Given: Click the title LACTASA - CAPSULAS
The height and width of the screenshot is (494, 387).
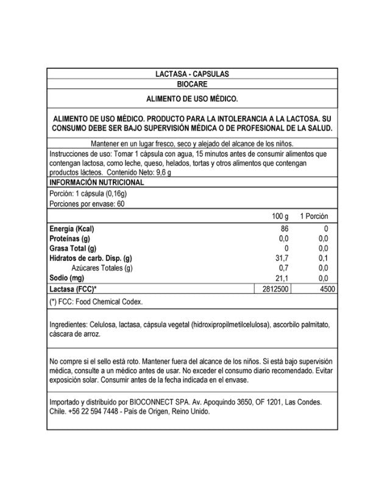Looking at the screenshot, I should (x=193, y=74).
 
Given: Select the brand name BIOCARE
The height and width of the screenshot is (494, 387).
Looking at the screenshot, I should (x=193, y=84).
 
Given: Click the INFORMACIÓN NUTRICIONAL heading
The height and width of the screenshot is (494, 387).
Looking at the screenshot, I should (x=96, y=182).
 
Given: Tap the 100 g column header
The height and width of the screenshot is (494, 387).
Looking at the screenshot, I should (x=280, y=217).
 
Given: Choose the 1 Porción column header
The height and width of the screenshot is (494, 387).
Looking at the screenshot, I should (x=314, y=217).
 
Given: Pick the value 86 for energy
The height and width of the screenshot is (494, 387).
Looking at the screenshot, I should (x=283, y=229).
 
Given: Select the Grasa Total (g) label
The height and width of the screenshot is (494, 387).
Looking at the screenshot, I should (x=73, y=248).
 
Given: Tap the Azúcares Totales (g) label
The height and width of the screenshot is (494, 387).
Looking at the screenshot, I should (x=102, y=268).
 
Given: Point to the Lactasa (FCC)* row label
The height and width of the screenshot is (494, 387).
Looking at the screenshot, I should (x=74, y=288).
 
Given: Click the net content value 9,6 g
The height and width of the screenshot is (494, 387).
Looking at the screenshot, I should (x=161, y=173).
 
